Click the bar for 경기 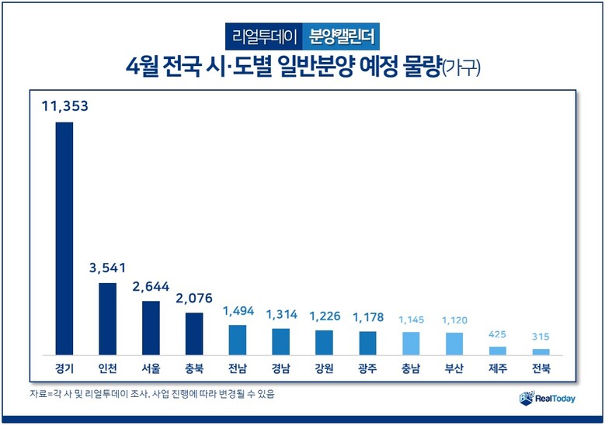pyautogui.click(x=64, y=238)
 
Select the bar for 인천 pyautogui.click(x=107, y=319)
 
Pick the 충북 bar pyautogui.click(x=194, y=333)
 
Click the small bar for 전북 pyautogui.click(x=541, y=352)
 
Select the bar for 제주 pyautogui.click(x=498, y=351)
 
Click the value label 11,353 pyautogui.click(x=64, y=106)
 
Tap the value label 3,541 pyautogui.click(x=107, y=268)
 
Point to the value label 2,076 pyautogui.click(x=194, y=298)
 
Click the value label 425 pyautogui.click(x=498, y=335)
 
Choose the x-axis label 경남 pyautogui.click(x=280, y=368)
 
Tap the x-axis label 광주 pyautogui.click(x=367, y=368)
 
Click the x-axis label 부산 pyautogui.click(x=454, y=368)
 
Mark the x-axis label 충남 pyautogui.click(x=411, y=368)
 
